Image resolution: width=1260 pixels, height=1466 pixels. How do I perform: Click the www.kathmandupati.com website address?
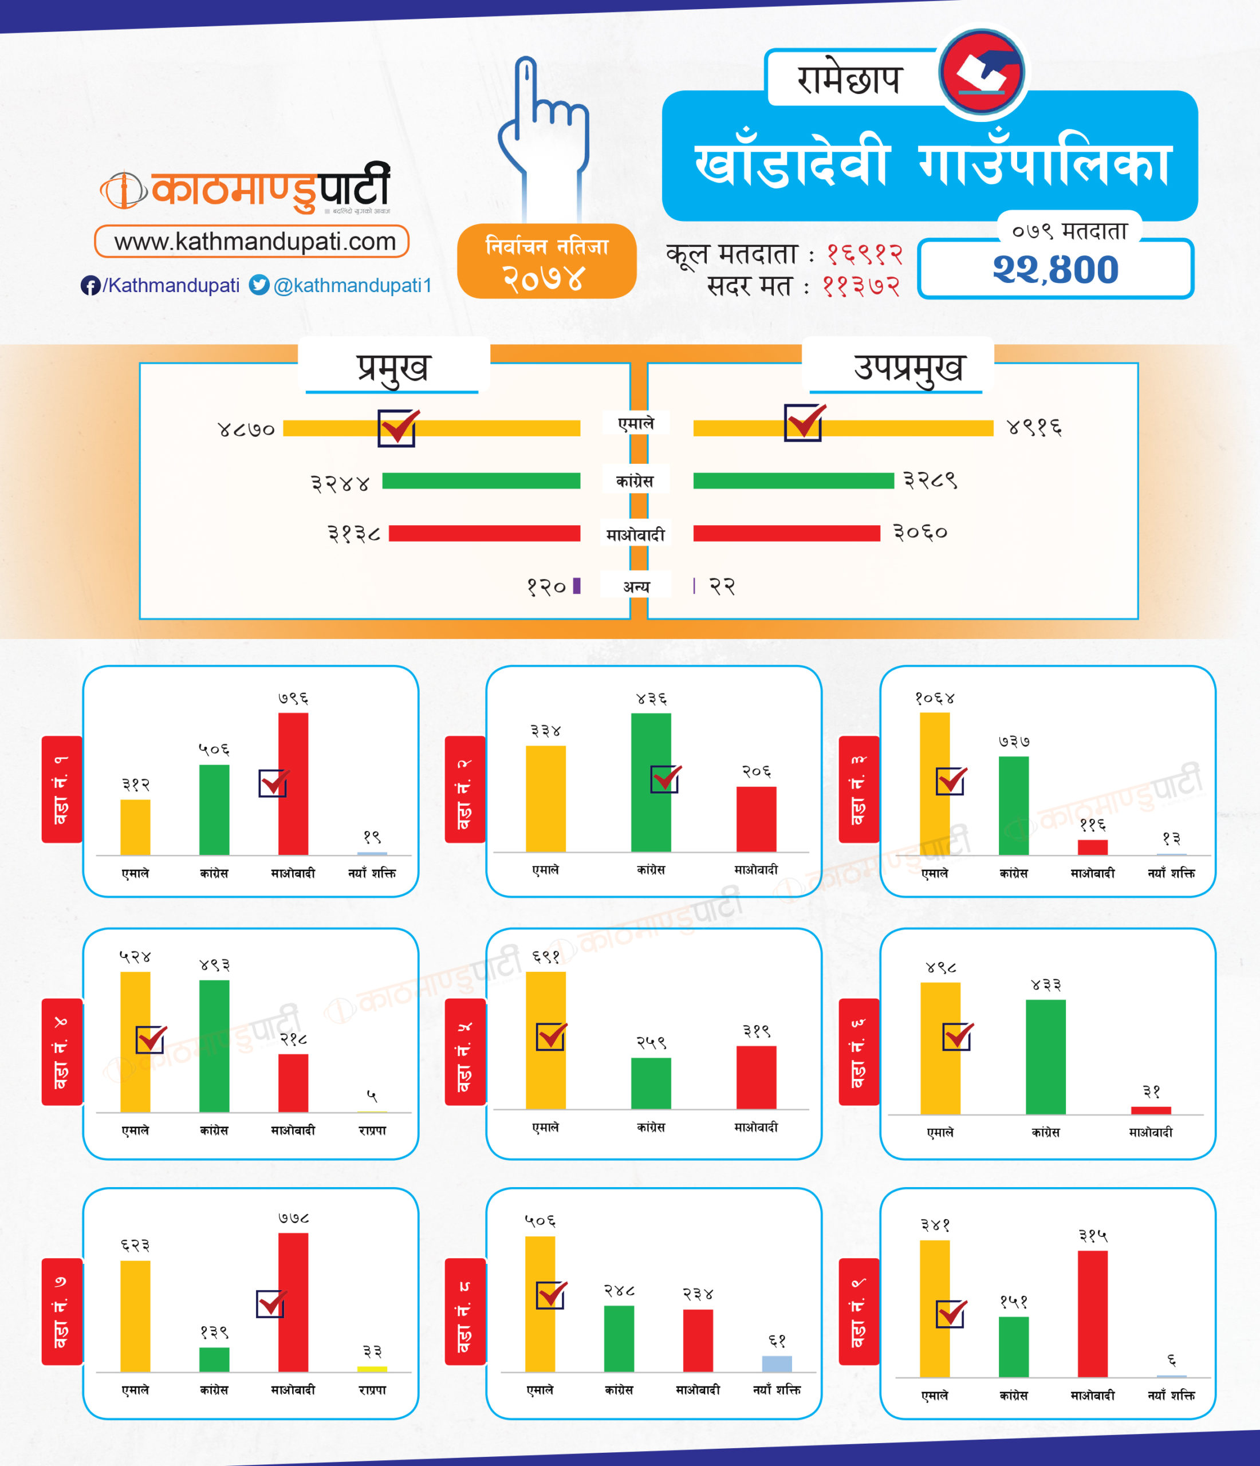pyautogui.click(x=255, y=242)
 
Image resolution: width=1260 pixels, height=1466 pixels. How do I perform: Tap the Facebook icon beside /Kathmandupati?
pyautogui.click(x=90, y=286)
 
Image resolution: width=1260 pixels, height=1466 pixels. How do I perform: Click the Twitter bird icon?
pyautogui.click(x=259, y=285)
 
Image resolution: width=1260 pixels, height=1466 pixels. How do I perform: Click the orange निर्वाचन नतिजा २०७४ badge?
pyautogui.click(x=546, y=261)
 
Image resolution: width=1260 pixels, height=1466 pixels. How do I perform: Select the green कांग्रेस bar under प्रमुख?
pyautogui.click(x=481, y=481)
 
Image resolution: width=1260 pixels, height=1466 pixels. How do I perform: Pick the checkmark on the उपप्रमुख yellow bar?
pyautogui.click(x=804, y=423)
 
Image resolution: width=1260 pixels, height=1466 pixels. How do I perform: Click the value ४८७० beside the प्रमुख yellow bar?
pyautogui.click(x=246, y=429)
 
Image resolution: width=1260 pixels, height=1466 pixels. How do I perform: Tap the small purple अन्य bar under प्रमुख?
pyautogui.click(x=577, y=586)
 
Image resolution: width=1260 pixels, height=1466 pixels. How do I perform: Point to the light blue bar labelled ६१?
pyautogui.click(x=777, y=1363)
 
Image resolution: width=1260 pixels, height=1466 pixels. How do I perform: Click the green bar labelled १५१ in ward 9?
pyautogui.click(x=1013, y=1346)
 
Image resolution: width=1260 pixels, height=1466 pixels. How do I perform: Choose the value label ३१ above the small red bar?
pyautogui.click(x=1151, y=1091)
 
